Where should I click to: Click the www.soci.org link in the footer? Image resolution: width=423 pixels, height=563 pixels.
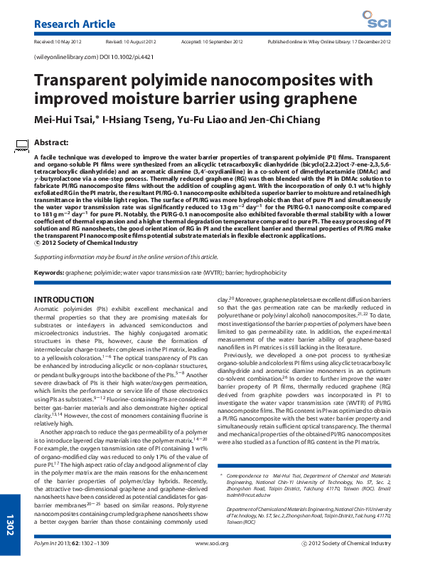[x=206, y=544]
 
